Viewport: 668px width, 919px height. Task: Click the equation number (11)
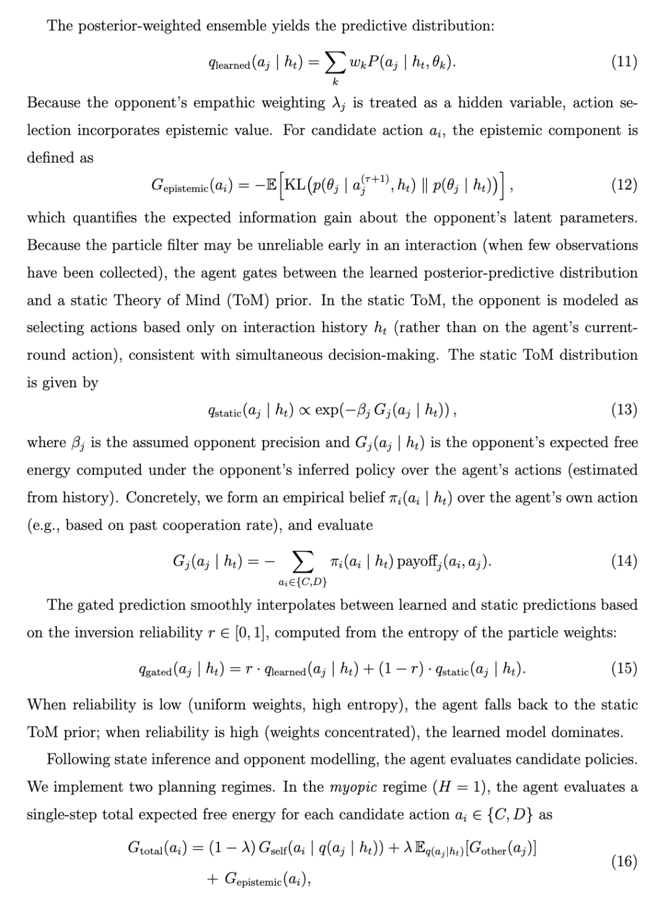tap(623, 62)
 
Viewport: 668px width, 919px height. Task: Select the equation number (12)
tap(623, 185)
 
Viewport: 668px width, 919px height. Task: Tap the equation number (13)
tap(623, 409)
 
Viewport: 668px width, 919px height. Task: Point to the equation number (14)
tap(623, 561)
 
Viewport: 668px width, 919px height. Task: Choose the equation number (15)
tap(623, 669)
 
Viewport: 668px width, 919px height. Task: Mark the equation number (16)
tap(623, 861)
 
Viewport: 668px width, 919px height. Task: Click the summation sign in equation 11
tap(335, 62)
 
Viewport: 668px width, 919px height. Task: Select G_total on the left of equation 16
tap(149, 848)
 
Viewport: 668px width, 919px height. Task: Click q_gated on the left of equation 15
tap(155, 669)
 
